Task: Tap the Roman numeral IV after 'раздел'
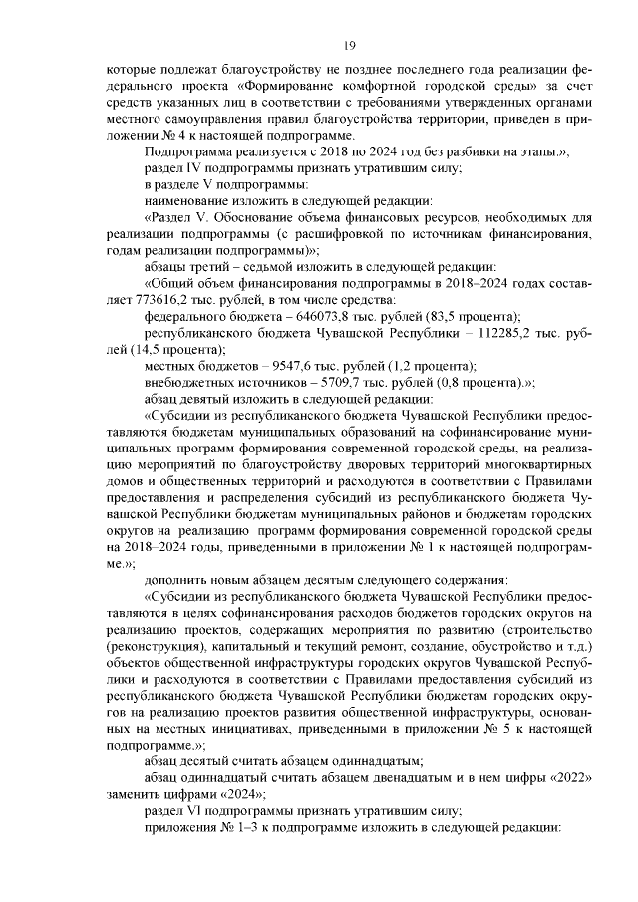click(x=189, y=167)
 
